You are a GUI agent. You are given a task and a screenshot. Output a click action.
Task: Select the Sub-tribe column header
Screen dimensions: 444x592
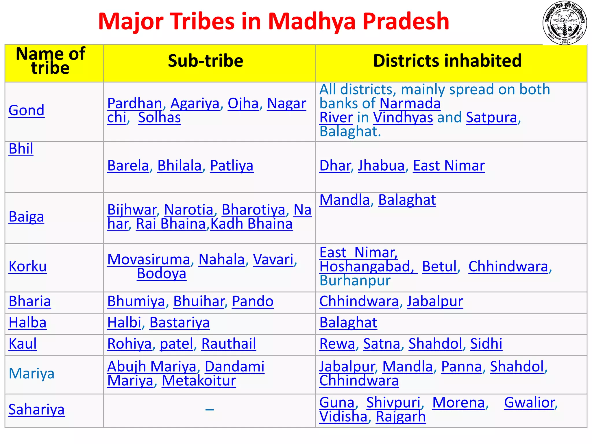206,61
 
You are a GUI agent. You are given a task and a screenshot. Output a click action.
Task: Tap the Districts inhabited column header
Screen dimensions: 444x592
447,61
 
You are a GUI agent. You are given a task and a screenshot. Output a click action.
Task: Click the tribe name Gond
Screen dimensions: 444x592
26,110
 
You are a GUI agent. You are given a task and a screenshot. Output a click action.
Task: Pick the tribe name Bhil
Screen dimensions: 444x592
21,149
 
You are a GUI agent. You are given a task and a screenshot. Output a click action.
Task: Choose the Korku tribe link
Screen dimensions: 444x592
27,266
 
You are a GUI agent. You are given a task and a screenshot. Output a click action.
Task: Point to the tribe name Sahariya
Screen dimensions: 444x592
36,409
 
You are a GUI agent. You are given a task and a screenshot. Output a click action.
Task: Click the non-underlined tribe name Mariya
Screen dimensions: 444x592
32,373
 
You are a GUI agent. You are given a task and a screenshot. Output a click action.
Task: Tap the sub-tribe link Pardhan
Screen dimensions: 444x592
135,103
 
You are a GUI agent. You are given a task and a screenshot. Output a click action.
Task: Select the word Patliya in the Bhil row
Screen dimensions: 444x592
232,166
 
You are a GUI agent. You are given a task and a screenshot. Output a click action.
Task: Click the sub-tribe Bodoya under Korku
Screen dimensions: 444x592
162,273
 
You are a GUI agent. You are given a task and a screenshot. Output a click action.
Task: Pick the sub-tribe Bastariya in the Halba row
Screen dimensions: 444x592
180,323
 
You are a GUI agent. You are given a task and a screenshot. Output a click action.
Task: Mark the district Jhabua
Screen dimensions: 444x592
381,166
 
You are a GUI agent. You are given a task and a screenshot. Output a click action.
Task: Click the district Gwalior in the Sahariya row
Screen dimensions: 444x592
530,402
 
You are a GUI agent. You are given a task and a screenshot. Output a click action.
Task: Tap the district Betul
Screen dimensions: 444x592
439,267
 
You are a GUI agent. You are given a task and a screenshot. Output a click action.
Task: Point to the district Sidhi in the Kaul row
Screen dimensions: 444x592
486,344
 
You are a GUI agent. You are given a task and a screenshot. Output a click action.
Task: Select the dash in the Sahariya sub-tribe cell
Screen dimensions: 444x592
210,410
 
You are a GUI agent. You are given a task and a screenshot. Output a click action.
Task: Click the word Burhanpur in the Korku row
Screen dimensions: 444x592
355,280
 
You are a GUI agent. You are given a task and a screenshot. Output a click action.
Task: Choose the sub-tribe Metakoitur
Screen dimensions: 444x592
199,381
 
